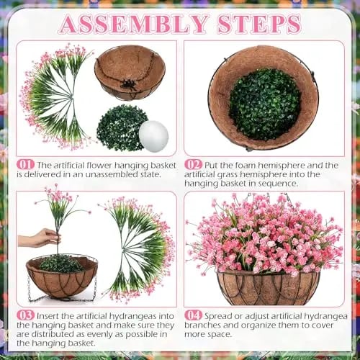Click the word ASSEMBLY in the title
coord(133,24)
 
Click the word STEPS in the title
coord(259,24)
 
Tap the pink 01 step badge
coord(25,165)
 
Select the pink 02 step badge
coord(194,165)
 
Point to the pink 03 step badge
coord(25,315)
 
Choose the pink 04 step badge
coord(194,315)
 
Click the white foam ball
coord(153,136)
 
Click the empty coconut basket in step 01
coord(130,73)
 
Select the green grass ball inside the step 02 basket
coord(265,104)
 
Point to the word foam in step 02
coord(246,165)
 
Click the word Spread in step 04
coord(219,316)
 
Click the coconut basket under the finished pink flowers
coord(269,287)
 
